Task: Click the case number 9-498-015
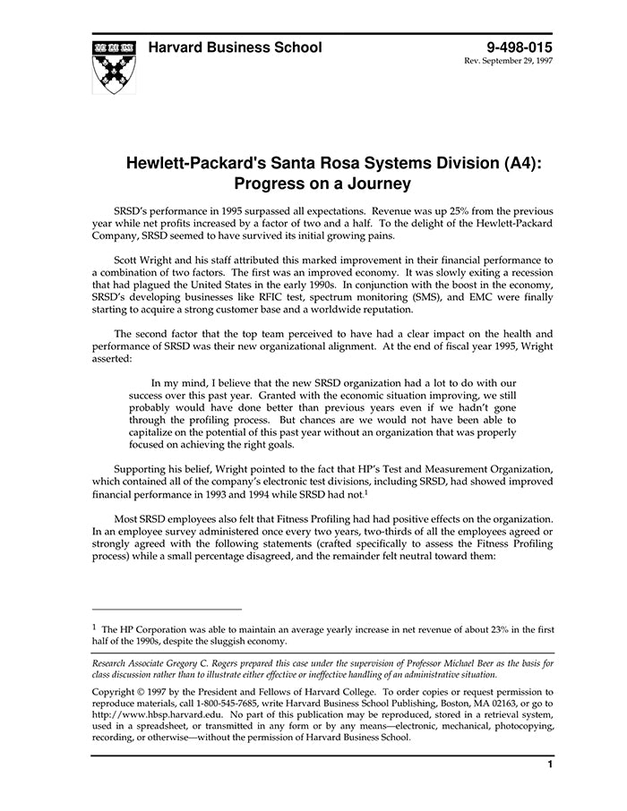tap(520, 47)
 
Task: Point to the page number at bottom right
tap(549, 764)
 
